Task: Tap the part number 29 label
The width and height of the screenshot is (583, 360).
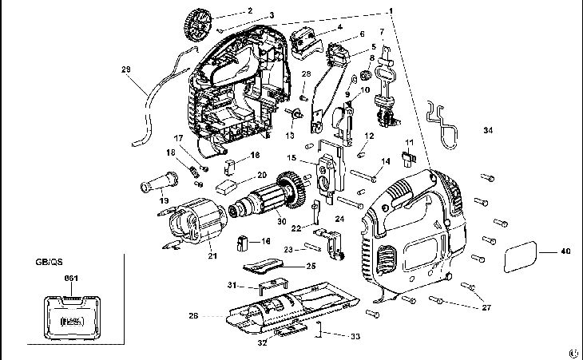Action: pos(125,69)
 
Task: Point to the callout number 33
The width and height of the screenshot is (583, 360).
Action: pos(355,337)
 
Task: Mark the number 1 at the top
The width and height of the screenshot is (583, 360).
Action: pos(391,10)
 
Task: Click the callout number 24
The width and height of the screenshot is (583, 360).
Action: pos(339,217)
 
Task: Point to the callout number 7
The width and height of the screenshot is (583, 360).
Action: pos(382,32)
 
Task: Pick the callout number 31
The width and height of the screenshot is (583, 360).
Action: pos(231,285)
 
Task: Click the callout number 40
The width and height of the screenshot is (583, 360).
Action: pos(565,252)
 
